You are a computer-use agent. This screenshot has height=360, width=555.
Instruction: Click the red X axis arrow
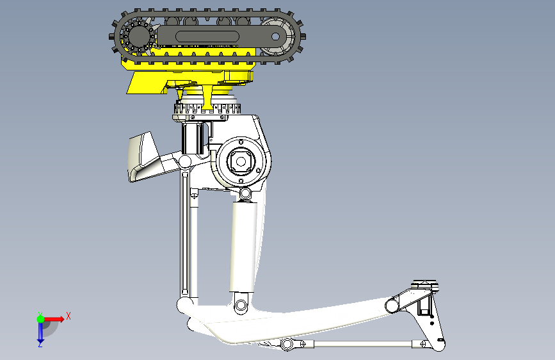[x=54, y=319]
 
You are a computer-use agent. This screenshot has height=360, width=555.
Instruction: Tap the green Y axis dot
[x=41, y=319]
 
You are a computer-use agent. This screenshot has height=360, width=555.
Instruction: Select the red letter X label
[x=68, y=316]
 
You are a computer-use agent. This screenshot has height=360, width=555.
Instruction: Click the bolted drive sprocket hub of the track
[x=138, y=36]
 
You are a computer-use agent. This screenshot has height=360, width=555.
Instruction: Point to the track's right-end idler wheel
[x=278, y=37]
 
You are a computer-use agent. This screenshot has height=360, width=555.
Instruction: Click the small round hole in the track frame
[x=276, y=37]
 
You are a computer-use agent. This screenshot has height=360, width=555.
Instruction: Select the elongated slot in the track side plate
[x=207, y=37]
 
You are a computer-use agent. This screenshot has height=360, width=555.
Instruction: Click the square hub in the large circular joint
[x=241, y=161]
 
